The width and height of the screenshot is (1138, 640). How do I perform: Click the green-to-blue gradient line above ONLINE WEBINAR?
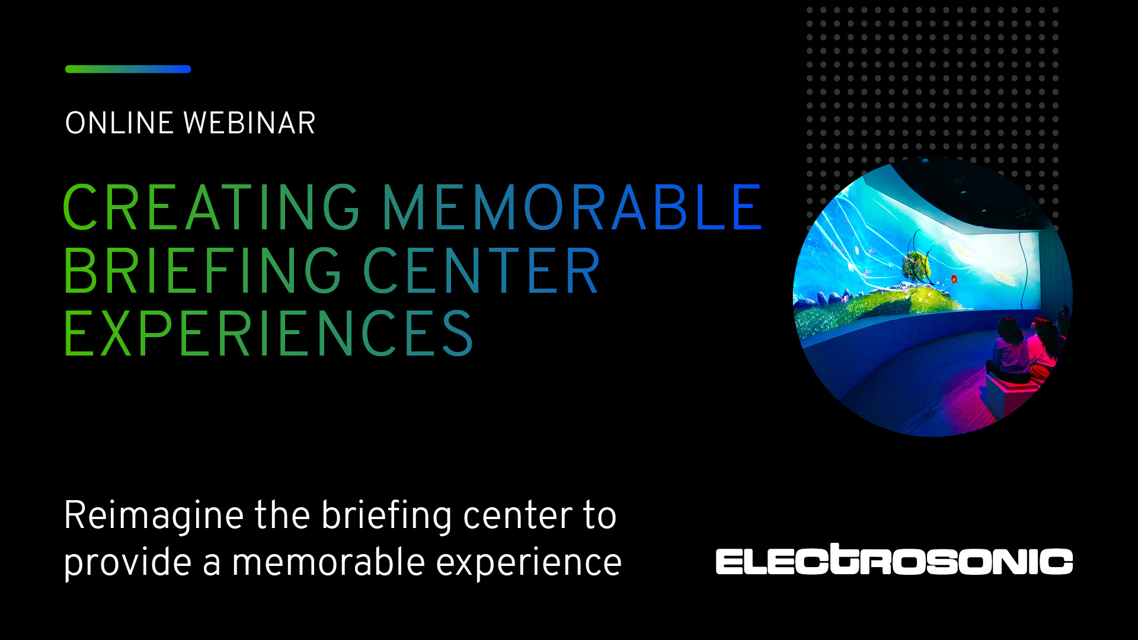tap(128, 69)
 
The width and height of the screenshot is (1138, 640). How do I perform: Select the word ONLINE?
tap(119, 123)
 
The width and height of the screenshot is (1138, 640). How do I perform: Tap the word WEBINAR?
tap(250, 123)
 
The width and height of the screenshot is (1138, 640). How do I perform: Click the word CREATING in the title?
tap(211, 207)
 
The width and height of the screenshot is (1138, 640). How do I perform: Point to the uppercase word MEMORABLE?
tap(572, 207)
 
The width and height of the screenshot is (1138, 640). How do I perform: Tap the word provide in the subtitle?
tap(128, 564)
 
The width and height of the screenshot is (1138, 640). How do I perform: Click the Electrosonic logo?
tap(894, 559)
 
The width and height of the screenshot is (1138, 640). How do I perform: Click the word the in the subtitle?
tap(283, 515)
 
